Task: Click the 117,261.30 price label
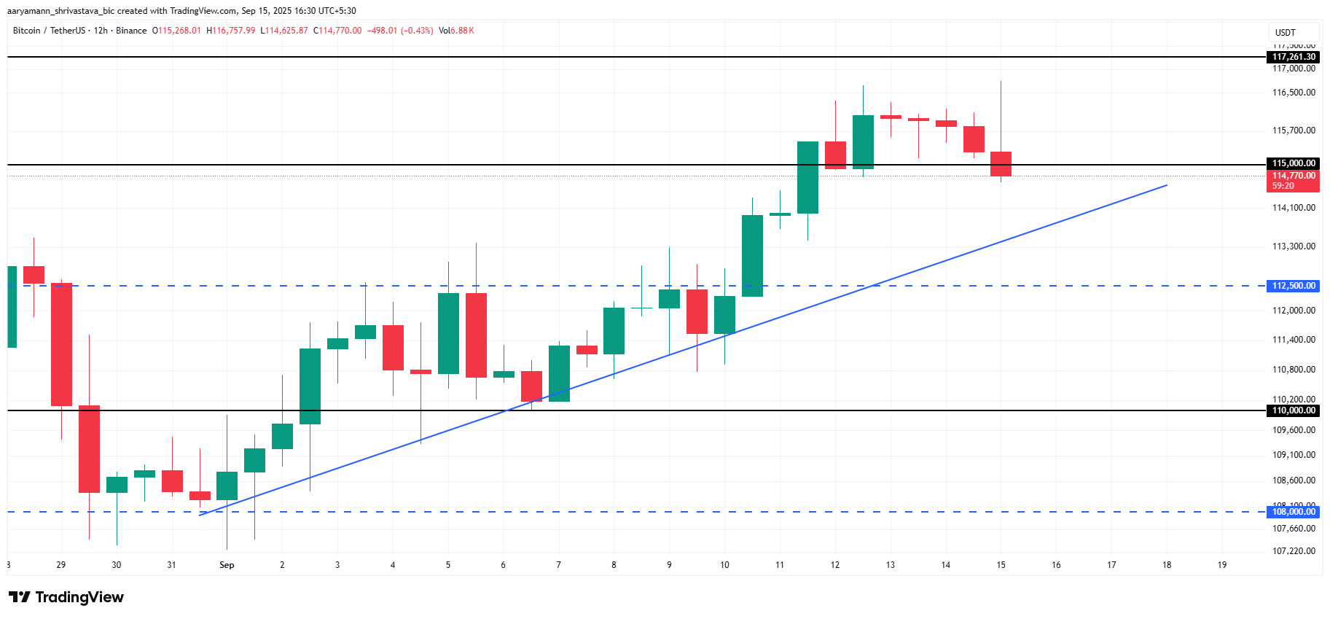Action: (1294, 57)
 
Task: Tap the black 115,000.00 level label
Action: (1294, 163)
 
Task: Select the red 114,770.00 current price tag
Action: (1294, 176)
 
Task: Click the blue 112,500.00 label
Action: (1294, 286)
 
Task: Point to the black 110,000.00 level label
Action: (1294, 410)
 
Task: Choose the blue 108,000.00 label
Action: (1294, 512)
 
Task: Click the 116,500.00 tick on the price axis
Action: (1294, 93)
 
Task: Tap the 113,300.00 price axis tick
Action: (1294, 246)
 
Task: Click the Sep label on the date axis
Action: (227, 565)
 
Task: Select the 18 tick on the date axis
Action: (1167, 565)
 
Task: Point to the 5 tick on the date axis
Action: (448, 565)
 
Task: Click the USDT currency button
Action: (1286, 33)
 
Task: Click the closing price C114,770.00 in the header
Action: (337, 31)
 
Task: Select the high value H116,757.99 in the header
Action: (231, 31)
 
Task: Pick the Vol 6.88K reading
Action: (456, 31)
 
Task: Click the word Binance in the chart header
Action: (131, 31)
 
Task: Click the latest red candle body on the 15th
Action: (1001, 164)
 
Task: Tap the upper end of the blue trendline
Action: (1166, 185)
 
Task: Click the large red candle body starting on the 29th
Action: (61, 344)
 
